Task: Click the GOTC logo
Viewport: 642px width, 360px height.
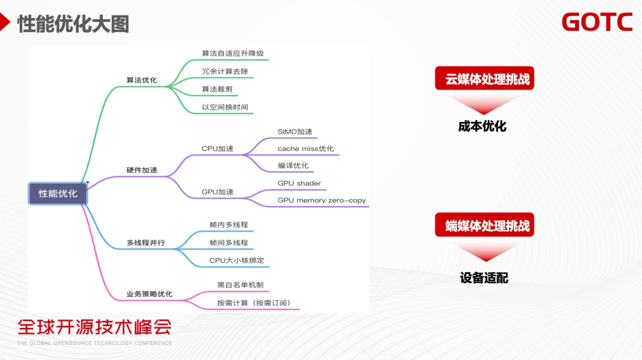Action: pyautogui.click(x=597, y=22)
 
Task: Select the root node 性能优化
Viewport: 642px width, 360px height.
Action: pyautogui.click(x=58, y=194)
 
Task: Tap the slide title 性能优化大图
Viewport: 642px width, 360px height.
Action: pyautogui.click(x=73, y=24)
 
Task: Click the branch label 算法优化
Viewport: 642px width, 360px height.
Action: pyautogui.click(x=141, y=80)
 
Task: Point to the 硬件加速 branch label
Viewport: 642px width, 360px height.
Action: pyautogui.click(x=141, y=170)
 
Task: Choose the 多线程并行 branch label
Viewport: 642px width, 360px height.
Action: pyautogui.click(x=146, y=243)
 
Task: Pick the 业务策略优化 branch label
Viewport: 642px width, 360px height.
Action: pyautogui.click(x=149, y=294)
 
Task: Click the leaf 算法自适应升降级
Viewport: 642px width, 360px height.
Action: pyautogui.click(x=232, y=53)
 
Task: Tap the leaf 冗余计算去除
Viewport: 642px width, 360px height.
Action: pyautogui.click(x=225, y=71)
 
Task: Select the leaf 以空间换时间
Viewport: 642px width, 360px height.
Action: pyautogui.click(x=225, y=108)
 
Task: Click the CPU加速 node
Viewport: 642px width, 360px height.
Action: pyautogui.click(x=218, y=149)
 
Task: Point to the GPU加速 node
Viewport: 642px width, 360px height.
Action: pyautogui.click(x=218, y=192)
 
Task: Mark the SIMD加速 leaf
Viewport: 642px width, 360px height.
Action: pyautogui.click(x=295, y=131)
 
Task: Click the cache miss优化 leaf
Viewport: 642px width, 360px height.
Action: pyautogui.click(x=306, y=149)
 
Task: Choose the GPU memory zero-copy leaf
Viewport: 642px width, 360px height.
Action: pyautogui.click(x=322, y=200)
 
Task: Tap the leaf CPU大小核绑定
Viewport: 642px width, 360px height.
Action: pyautogui.click(x=237, y=260)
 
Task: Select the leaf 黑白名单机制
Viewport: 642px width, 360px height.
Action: pyautogui.click(x=240, y=285)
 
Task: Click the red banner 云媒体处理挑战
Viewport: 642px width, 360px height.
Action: pyautogui.click(x=484, y=79)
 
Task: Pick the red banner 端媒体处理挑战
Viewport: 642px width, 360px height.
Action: pyautogui.click(x=484, y=226)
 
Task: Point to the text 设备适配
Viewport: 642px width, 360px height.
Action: pyautogui.click(x=484, y=278)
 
